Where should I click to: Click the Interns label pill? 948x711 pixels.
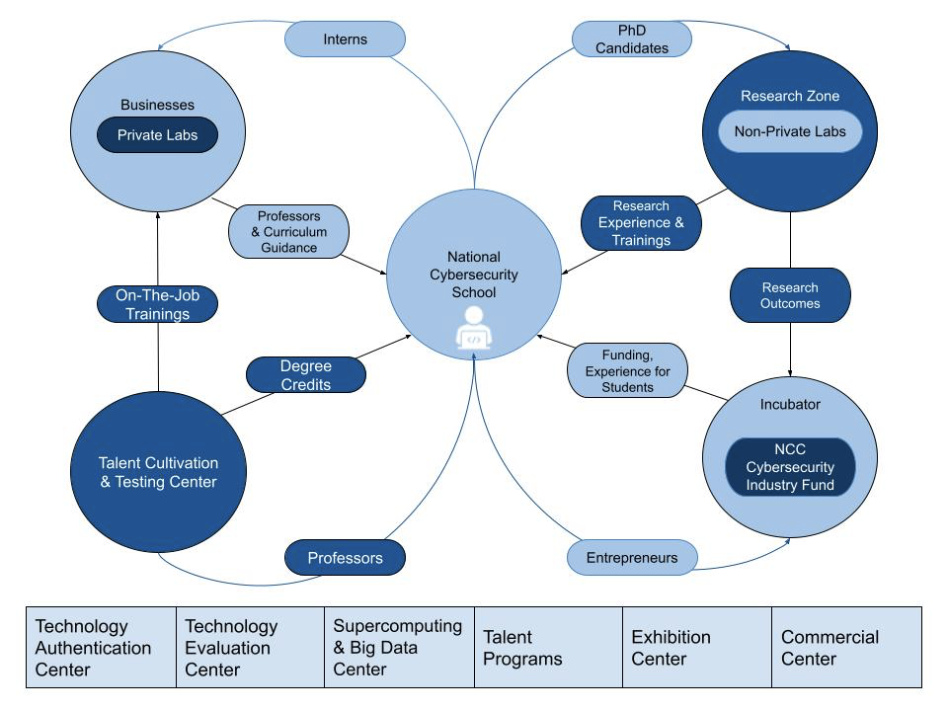(x=345, y=39)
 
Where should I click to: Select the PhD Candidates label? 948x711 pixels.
(x=632, y=39)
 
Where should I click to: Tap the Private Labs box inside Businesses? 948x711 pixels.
(x=157, y=135)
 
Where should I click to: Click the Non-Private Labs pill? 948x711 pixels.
(x=789, y=131)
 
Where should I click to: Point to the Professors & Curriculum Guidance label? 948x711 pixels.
(x=289, y=231)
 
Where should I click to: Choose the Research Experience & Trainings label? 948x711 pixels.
(x=640, y=223)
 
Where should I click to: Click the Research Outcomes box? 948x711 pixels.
(x=789, y=295)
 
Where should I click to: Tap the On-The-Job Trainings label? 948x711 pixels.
(x=157, y=303)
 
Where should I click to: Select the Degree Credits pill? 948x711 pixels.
(x=305, y=375)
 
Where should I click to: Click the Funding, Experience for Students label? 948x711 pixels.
(x=627, y=370)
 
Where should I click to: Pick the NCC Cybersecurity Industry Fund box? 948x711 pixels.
(x=789, y=467)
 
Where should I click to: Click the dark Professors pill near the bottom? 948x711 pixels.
(x=345, y=558)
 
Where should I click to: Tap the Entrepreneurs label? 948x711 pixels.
(x=632, y=558)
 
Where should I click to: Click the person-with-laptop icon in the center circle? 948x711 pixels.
(x=473, y=329)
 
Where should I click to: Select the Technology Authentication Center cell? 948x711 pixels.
(x=101, y=647)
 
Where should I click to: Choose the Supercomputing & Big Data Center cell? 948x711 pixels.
(x=398, y=647)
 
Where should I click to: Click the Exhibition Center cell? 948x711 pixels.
(x=696, y=647)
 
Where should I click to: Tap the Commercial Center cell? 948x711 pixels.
(x=846, y=647)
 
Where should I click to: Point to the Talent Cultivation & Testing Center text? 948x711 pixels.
(x=157, y=472)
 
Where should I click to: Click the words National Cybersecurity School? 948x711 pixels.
(x=473, y=275)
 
